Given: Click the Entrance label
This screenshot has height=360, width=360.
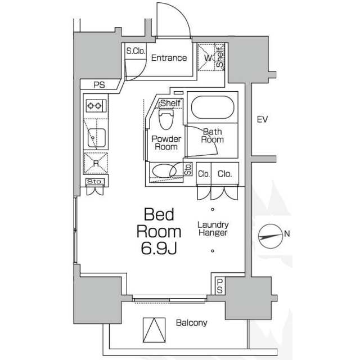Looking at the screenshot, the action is coord(169,58).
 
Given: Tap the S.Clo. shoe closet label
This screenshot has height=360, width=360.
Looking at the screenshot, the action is coord(136,51).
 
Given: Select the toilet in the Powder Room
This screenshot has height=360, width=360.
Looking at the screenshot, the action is coord(166,120).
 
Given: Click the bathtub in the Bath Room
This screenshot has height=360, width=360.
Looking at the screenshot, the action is coord(213,107).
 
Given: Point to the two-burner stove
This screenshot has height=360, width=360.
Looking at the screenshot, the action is coord(96,106).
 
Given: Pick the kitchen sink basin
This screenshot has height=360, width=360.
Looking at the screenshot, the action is coord(97,138).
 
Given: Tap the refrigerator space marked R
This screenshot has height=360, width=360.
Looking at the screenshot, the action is coord(96,164).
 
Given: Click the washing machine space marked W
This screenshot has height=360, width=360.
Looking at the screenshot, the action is coord(208,57).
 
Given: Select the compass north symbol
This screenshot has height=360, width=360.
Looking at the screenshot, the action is coord(271,236).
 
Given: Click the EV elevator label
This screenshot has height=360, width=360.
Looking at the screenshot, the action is coord(262,119).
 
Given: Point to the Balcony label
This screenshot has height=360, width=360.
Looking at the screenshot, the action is coord(191,323).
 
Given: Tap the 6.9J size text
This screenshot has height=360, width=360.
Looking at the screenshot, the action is coord(159,249).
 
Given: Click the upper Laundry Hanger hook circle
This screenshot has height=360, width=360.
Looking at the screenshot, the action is coord(213,209).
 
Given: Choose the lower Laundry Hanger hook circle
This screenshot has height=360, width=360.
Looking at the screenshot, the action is coord(213,251).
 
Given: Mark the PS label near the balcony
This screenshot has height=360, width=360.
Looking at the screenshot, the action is coord(220,286).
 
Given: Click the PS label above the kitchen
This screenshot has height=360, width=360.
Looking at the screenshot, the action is coord(99,85).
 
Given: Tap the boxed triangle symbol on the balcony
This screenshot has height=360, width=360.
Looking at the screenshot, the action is coord(154,330).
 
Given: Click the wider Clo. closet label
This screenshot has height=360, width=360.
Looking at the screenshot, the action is coord(225,174).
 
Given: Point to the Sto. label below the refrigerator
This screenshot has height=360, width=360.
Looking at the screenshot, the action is coord(95,182).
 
